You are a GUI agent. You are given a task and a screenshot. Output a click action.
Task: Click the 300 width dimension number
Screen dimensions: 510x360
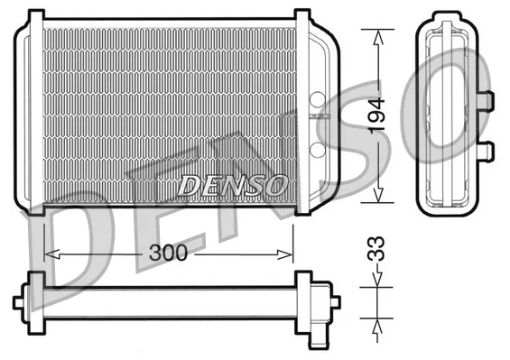point(168,253)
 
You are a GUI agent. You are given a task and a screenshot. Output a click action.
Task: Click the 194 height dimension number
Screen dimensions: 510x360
point(376,115)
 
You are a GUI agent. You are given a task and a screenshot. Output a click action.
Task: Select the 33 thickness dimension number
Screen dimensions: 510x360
point(376,249)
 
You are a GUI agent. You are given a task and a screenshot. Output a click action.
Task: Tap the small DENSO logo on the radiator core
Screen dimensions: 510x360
point(233,185)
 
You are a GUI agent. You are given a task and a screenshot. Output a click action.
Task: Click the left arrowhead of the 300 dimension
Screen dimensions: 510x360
point(51,254)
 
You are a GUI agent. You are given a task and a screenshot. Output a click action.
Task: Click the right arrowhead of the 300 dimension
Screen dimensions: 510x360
point(285,254)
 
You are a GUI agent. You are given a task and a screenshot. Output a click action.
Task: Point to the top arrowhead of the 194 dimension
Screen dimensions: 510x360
point(377,37)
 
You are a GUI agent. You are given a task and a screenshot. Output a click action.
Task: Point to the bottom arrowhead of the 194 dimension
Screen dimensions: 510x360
point(377,195)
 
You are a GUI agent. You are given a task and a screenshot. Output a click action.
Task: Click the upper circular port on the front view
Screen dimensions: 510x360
point(318,99)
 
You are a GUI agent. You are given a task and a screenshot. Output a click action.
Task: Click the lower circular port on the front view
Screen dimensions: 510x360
point(318,148)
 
